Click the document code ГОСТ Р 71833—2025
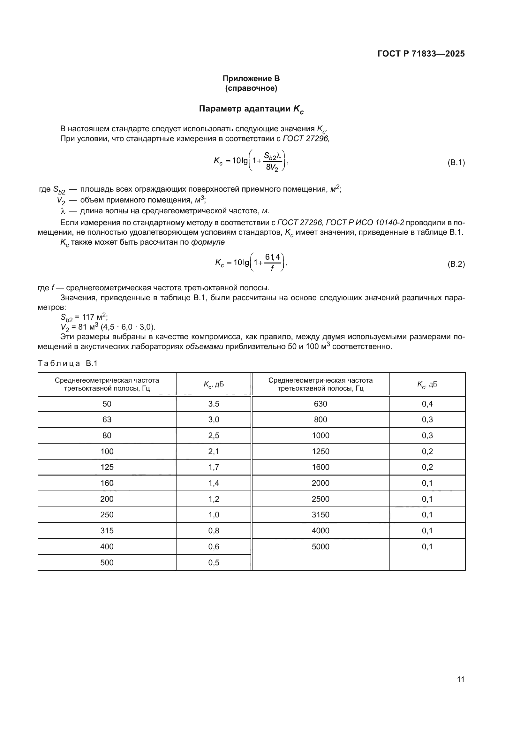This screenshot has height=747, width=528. pyautogui.click(x=421, y=54)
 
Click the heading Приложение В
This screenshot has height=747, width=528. pyautogui.click(x=251, y=79)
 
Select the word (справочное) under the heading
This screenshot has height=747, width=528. pyautogui.click(x=251, y=88)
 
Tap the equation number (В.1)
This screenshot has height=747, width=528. pyautogui.click(x=456, y=163)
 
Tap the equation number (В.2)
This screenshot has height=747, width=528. pyautogui.click(x=456, y=264)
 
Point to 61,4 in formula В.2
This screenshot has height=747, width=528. pyautogui.click(x=272, y=257)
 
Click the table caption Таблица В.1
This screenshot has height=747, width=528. pyautogui.click(x=68, y=363)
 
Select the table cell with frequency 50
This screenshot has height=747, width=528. pyautogui.click(x=107, y=404)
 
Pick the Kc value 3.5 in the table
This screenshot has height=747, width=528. pyautogui.click(x=214, y=404)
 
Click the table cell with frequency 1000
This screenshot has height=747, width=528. pyautogui.click(x=321, y=436)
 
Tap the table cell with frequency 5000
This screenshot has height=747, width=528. pyautogui.click(x=321, y=546)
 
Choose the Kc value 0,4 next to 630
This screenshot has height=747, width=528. pyautogui.click(x=427, y=404)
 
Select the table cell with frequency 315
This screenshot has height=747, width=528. pyautogui.click(x=107, y=531)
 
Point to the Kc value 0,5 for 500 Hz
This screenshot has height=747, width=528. pyautogui.click(x=214, y=562)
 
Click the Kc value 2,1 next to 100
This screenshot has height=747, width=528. pyautogui.click(x=214, y=452)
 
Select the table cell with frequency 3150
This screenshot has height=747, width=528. pyautogui.click(x=321, y=515)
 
